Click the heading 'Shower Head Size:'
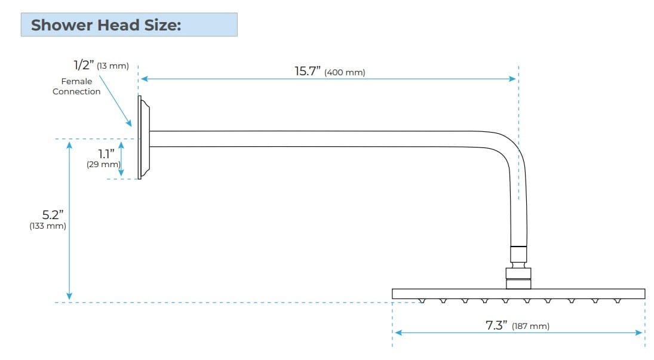pos(106,26)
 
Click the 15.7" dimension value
pos(308,71)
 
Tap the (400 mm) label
pos(345,73)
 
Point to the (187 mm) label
pos(530,326)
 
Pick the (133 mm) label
pos(47,226)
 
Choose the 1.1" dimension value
pos(106,153)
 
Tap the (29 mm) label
pos(103,164)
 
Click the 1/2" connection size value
pos(84,64)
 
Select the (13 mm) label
pos(113,66)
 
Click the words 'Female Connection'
pos(76,87)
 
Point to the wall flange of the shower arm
pos(143,138)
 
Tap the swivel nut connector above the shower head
pos(518,274)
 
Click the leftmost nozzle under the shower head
pos(422,301)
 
